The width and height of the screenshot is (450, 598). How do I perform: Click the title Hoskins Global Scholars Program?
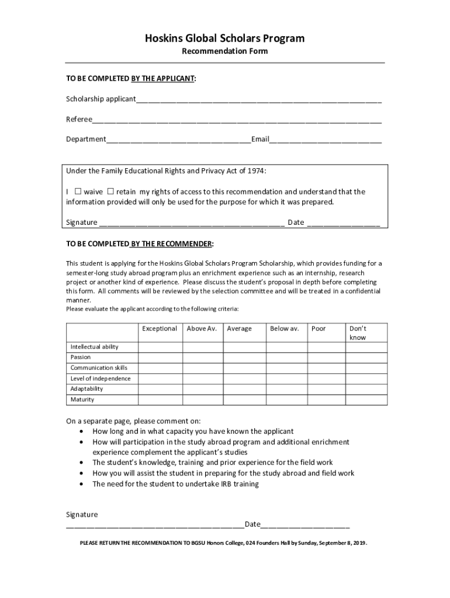point(225,39)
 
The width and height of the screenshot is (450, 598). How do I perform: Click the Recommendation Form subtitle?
point(225,51)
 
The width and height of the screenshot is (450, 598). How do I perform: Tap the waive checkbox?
point(78,192)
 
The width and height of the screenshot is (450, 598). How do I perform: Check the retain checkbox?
point(110,192)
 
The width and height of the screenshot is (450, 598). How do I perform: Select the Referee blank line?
point(237,121)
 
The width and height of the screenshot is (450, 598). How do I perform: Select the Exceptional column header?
point(160,329)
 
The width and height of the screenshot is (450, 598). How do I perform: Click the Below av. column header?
point(284,329)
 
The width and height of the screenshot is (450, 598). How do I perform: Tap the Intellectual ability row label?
point(95,347)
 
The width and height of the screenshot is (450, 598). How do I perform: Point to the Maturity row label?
point(82,400)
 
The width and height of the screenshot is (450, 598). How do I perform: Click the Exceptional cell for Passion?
point(160,357)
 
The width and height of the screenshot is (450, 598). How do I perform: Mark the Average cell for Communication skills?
point(244,368)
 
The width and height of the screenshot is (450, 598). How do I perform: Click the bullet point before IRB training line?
point(80,484)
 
